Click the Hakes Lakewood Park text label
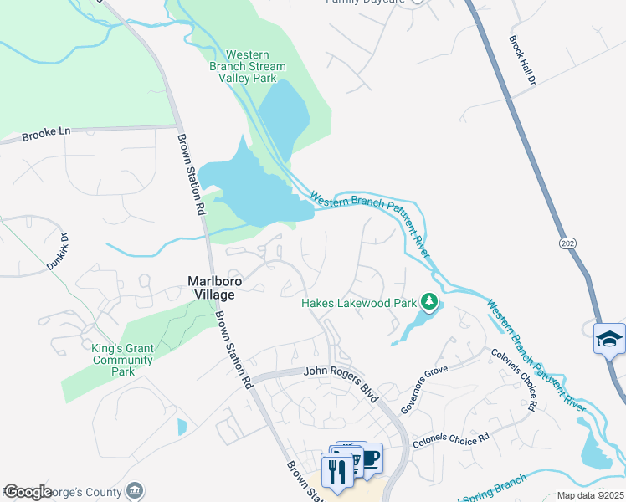click(x=358, y=304)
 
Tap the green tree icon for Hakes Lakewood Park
click(x=429, y=300)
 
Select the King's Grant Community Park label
click(x=122, y=360)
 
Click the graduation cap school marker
click(x=609, y=339)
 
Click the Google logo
click(x=28, y=492)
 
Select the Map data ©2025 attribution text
click(x=590, y=495)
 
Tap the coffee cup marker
click(x=369, y=458)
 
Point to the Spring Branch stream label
click(x=502, y=484)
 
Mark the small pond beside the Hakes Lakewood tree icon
click(x=412, y=325)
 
